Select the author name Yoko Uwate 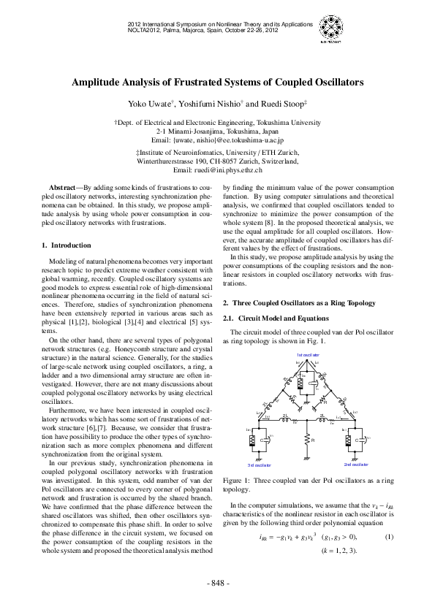(149, 104)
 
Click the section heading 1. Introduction (67, 245)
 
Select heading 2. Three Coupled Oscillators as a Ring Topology (300, 302)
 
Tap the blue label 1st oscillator (308, 354)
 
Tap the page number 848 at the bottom (217, 583)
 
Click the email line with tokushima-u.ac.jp (217, 139)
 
